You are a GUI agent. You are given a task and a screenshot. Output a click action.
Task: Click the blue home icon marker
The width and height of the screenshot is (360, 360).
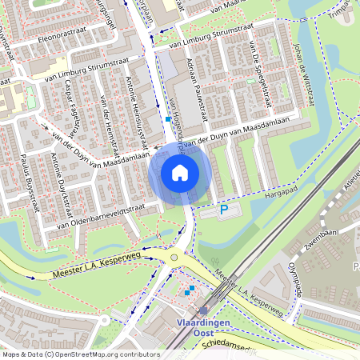coord(180,173)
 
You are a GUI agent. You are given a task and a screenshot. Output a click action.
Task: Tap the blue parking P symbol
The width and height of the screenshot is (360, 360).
coord(224,210)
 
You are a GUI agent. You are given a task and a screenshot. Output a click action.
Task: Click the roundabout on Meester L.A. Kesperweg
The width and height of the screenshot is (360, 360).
coord(174,258)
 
